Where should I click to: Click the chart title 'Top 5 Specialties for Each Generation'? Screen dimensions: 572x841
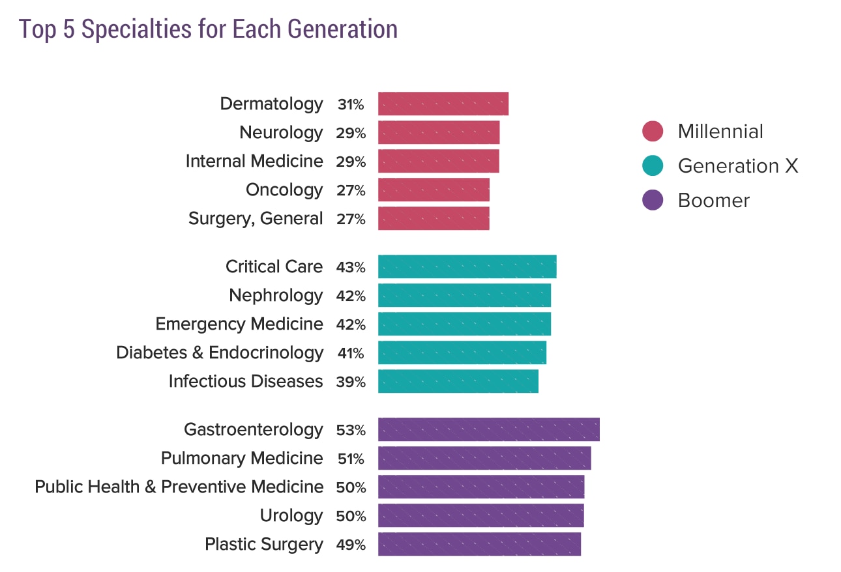(x=208, y=29)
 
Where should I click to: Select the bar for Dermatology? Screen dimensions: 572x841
(x=443, y=104)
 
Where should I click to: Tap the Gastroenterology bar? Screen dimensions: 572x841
(x=488, y=430)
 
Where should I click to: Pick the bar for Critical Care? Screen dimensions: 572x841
(x=467, y=266)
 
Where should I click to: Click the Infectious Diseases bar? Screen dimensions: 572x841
(x=458, y=381)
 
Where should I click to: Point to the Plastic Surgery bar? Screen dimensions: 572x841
(x=479, y=544)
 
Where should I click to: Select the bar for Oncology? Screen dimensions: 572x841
(x=434, y=190)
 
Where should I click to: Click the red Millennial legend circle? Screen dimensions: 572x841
(x=652, y=131)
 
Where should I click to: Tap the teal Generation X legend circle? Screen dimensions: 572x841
(x=652, y=165)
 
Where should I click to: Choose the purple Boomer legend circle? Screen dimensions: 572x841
(x=652, y=200)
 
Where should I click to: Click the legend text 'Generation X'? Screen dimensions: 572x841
(x=737, y=166)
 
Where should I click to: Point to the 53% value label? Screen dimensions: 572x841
(x=351, y=431)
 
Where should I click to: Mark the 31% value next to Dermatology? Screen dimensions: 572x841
(x=351, y=104)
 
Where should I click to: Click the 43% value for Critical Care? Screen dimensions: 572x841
(x=351, y=267)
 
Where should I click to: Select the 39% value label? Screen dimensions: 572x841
(x=351, y=382)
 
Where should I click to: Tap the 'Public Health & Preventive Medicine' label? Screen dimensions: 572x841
(x=179, y=487)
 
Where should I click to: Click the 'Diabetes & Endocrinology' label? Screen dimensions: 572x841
(x=219, y=352)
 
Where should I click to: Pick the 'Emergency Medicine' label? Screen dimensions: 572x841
(x=239, y=324)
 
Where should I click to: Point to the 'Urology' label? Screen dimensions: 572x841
(x=291, y=515)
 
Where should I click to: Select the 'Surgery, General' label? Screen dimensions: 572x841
(x=255, y=218)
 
